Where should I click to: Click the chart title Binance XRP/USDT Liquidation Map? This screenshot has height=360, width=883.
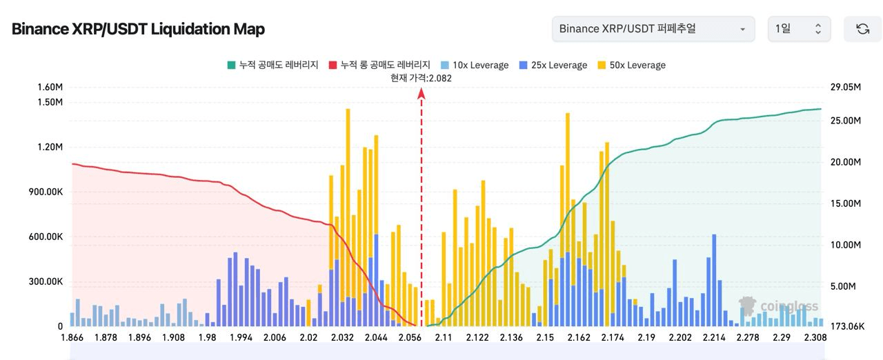(138, 29)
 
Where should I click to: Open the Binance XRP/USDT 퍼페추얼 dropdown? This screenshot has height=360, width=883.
(653, 29)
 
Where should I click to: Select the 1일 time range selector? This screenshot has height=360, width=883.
(799, 29)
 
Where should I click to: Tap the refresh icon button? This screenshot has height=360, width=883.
(862, 29)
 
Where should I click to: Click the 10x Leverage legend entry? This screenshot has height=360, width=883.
(474, 65)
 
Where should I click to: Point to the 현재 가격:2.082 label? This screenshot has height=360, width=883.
(421, 78)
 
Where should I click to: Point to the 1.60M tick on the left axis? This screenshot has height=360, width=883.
(50, 87)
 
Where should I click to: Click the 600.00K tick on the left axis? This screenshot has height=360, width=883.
(46, 237)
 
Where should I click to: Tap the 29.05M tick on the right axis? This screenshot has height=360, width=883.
(846, 87)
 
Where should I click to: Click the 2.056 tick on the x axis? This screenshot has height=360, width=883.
(410, 337)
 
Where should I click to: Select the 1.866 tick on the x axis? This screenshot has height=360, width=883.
(73, 337)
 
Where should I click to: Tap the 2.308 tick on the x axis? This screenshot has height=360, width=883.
(815, 337)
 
